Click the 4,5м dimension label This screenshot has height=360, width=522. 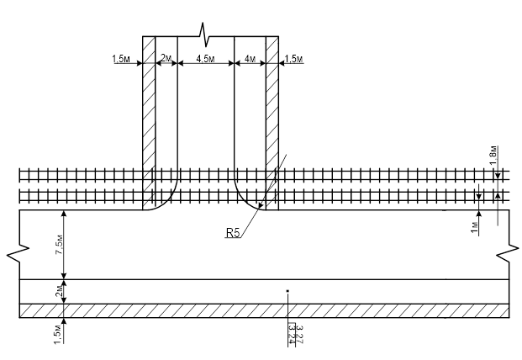coord(204,59)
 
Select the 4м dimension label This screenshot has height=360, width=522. coord(249,59)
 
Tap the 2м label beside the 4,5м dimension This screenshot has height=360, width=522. coord(166,59)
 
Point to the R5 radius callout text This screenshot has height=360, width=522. coord(233,233)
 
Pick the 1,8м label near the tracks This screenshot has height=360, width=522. coord(493,155)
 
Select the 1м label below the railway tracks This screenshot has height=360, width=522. coord(475,225)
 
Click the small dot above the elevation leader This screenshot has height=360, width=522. coord(287,291)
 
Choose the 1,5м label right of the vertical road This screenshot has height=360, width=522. coord(293,59)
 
